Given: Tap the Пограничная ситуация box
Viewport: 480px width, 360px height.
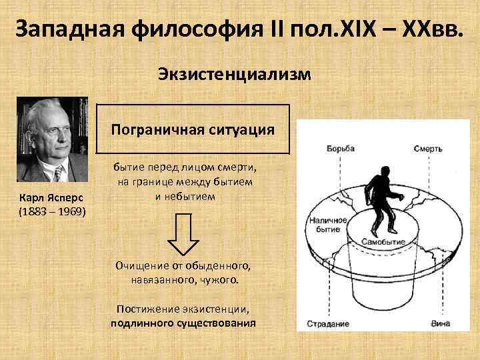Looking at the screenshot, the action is pyautogui.click(x=193, y=129).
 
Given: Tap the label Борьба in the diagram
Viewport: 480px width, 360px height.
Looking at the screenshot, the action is pyautogui.click(x=340, y=149).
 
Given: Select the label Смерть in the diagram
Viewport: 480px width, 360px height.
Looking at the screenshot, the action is pyautogui.click(x=427, y=149).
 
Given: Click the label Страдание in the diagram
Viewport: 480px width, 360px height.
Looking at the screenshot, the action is pyautogui.click(x=328, y=324).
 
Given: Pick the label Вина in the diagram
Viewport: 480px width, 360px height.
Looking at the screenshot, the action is pyautogui.click(x=441, y=324).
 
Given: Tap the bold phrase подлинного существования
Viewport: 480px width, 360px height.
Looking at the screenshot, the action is pyautogui.click(x=183, y=323).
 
